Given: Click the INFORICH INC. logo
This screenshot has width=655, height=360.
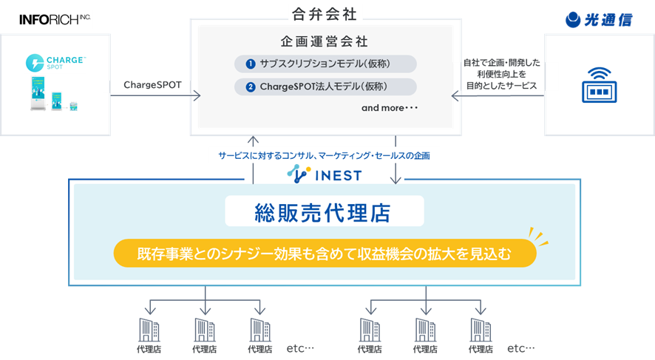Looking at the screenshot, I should pyautogui.click(x=54, y=19).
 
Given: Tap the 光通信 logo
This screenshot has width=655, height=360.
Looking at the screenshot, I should pyautogui.click(x=599, y=20).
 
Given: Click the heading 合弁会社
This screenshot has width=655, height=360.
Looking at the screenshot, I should pyautogui.click(x=325, y=13).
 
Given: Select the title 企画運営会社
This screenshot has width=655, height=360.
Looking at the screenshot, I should pyautogui.click(x=325, y=42).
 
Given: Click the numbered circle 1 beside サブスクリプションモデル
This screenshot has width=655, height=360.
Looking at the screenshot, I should pyautogui.click(x=251, y=64).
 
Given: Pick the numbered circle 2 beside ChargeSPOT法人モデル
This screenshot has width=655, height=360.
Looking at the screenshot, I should pyautogui.click(x=251, y=87).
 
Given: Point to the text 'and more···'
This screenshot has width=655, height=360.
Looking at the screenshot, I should pyautogui.click(x=390, y=108).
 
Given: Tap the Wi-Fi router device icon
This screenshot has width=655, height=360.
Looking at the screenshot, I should pyautogui.click(x=599, y=84).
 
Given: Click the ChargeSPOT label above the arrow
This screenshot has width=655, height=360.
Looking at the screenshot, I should pyautogui.click(x=152, y=84).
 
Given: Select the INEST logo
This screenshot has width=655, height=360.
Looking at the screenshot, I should pyautogui.click(x=325, y=174).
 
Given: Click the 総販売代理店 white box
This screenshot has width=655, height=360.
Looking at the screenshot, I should pyautogui.click(x=325, y=212).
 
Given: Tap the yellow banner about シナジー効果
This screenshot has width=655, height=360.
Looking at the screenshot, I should pyautogui.click(x=325, y=254).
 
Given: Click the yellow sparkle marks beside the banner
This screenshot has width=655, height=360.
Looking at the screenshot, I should pyautogui.click(x=539, y=237).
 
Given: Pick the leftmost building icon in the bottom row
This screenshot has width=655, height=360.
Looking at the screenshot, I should pyautogui.click(x=149, y=330).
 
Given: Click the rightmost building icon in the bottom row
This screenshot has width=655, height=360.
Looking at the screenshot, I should pyautogui.click(x=481, y=330).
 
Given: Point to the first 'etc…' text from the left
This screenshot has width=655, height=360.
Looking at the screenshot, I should pyautogui.click(x=300, y=348).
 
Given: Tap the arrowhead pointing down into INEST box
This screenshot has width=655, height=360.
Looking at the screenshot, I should pyautogui.click(x=396, y=179).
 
